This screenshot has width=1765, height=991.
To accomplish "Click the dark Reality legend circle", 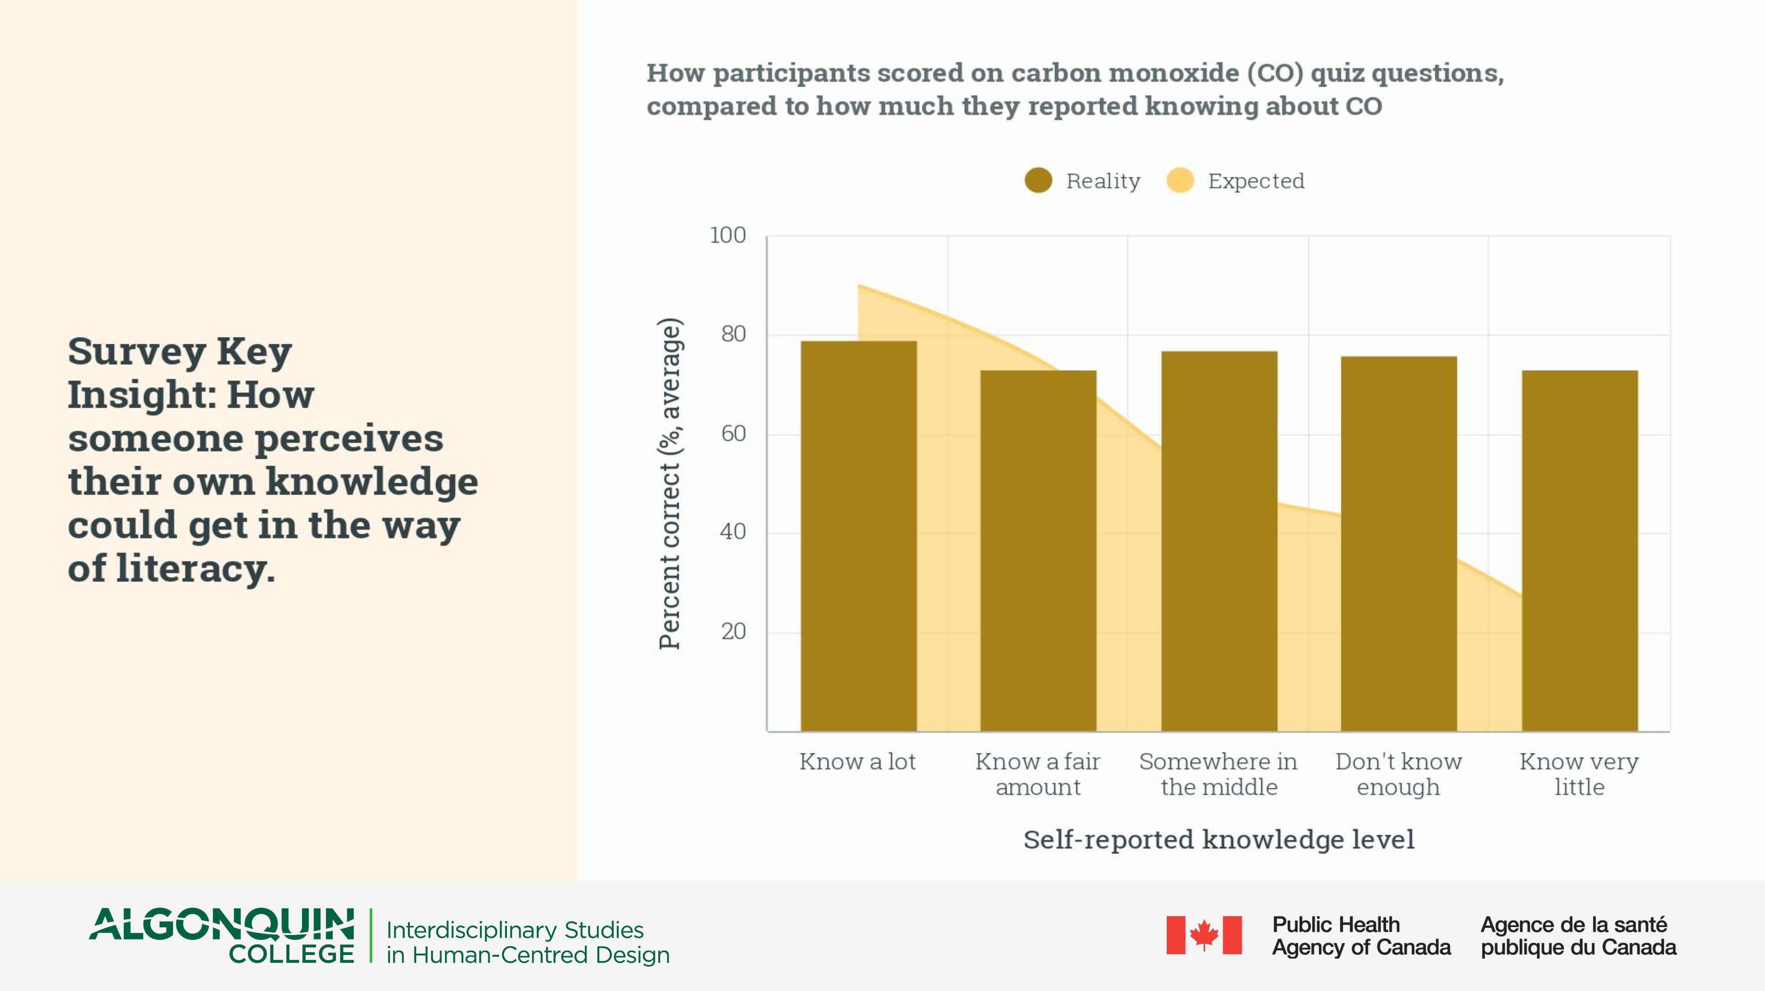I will point(1038,181).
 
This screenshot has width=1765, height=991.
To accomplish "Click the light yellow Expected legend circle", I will point(1180,181).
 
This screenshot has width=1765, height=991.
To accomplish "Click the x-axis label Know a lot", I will point(857,761).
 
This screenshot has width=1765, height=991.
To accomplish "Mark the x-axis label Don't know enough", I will point(1399,774).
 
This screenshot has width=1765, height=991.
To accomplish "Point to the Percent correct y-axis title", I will point(669,483).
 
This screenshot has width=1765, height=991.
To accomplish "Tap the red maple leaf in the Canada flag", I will point(1204,935).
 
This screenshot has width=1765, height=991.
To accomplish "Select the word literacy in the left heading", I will point(195,568).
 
